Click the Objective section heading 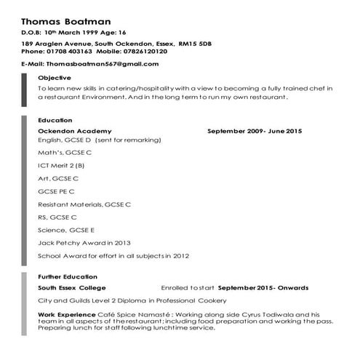coord(55,78)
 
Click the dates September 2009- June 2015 coord(254,131)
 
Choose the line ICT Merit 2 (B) coord(61,165)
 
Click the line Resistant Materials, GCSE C coord(84,204)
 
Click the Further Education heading coord(67,277)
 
